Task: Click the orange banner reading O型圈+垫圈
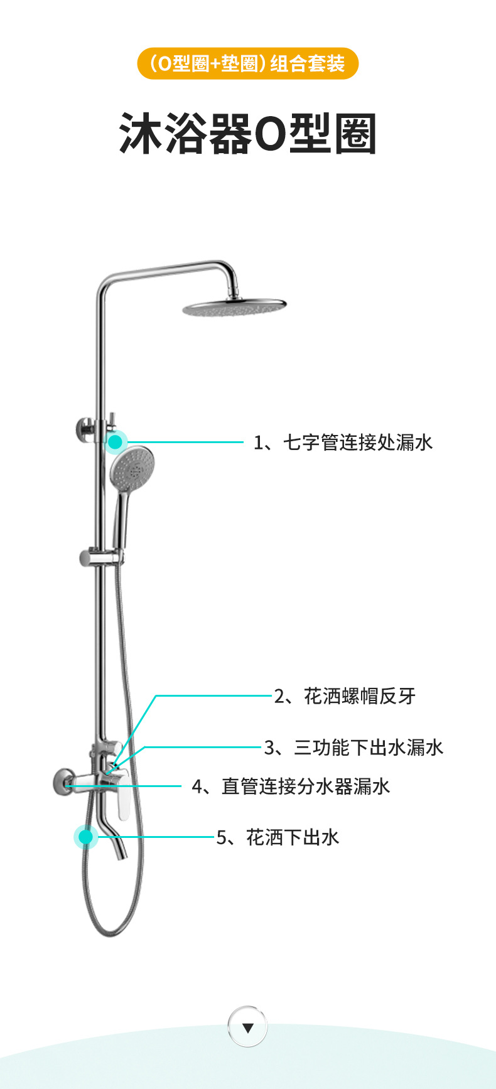click(x=247, y=63)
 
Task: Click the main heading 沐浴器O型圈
click(x=248, y=134)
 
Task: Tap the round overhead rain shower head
click(x=234, y=308)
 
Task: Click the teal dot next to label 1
click(x=115, y=443)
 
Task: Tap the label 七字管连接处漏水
click(x=343, y=443)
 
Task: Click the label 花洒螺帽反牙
click(x=345, y=696)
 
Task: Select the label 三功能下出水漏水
click(x=353, y=748)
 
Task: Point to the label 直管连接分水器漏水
click(x=291, y=786)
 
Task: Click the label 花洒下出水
click(x=278, y=837)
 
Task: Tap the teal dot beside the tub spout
click(x=86, y=837)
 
